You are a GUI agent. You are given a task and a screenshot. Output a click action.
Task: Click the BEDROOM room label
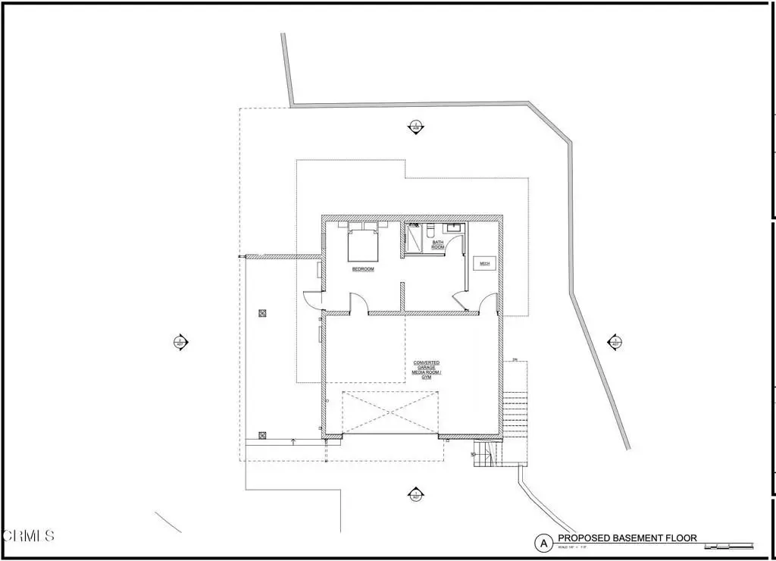tap(362, 269)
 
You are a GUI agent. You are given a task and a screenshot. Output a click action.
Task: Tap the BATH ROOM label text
tap(438, 245)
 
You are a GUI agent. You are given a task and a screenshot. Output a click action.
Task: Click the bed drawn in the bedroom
tap(362, 243)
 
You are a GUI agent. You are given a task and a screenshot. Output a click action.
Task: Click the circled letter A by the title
tap(543, 543)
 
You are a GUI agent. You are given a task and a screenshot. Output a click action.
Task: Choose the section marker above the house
tap(415, 127)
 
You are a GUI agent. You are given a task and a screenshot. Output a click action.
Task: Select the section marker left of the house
tap(180, 343)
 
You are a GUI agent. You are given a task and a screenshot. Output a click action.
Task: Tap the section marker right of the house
tap(615, 343)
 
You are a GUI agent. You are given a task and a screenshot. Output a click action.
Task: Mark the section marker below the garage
tap(415, 494)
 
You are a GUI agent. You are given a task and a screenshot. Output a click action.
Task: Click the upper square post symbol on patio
tap(263, 312)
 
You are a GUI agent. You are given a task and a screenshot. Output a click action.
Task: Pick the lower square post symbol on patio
tap(263, 435)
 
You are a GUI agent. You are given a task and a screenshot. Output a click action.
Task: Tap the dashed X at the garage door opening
tap(391, 412)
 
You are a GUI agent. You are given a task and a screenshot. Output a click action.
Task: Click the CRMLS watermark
tap(28, 536)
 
